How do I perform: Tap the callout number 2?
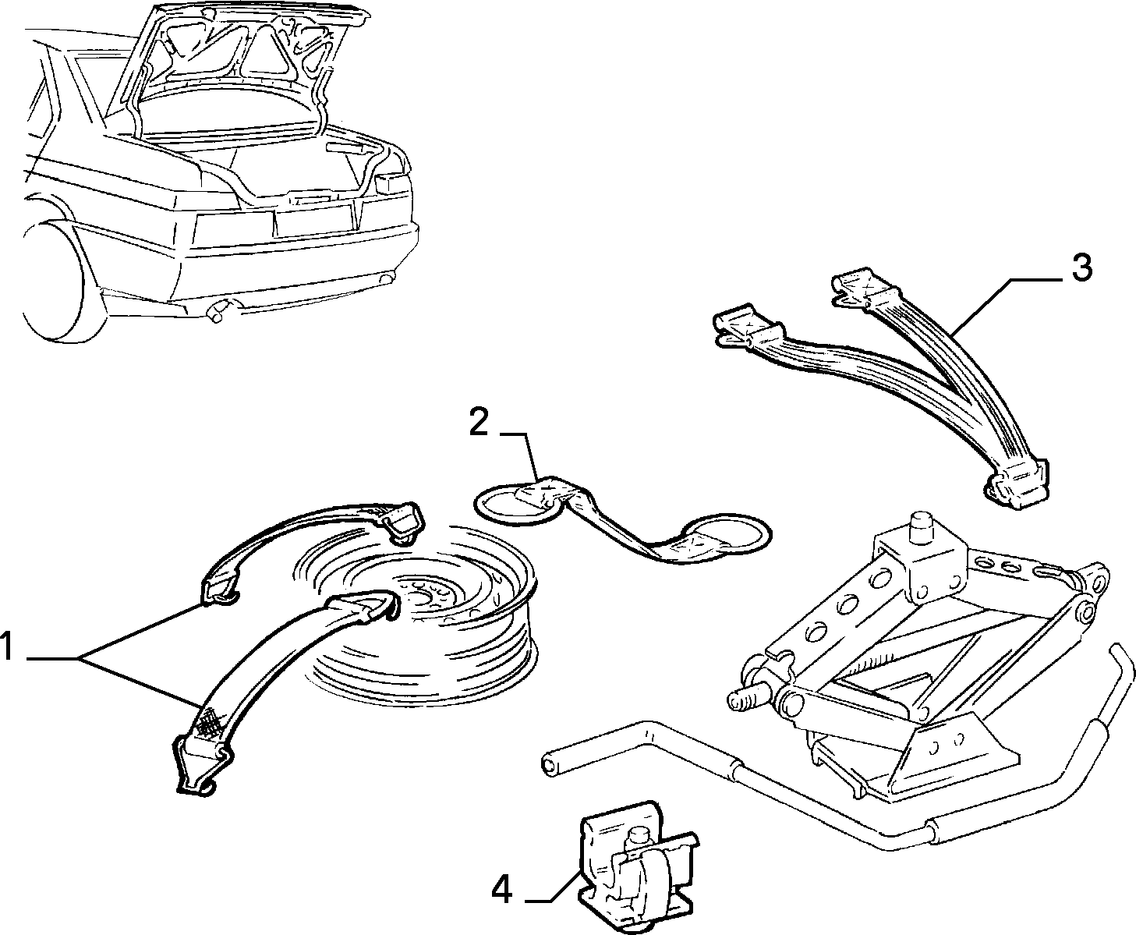[x=478, y=423]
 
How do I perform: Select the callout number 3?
[x=1081, y=267]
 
